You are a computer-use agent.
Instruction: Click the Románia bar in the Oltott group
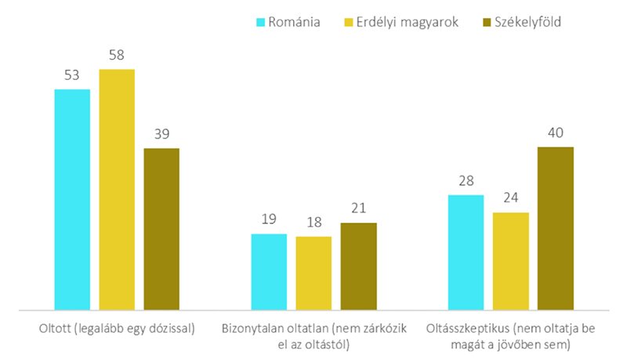[x=72, y=200]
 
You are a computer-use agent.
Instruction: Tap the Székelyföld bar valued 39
[x=161, y=229]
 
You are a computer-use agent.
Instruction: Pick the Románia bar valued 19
[x=269, y=272]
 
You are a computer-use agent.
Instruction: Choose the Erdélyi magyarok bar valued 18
[x=313, y=274]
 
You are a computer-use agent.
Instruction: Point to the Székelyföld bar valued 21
[x=358, y=267]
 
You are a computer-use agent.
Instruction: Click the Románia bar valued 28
[x=466, y=253]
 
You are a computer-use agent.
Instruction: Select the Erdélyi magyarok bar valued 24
[x=510, y=261]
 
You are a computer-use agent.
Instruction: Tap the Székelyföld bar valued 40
[x=556, y=228]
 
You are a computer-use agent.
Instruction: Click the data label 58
[x=117, y=56]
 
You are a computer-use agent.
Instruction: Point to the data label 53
[x=72, y=76]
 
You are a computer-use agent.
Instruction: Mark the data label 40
[x=556, y=133]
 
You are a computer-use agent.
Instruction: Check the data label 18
[x=313, y=224]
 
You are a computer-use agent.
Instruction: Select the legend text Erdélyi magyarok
[x=401, y=22]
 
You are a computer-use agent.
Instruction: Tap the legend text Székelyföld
[x=527, y=22]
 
